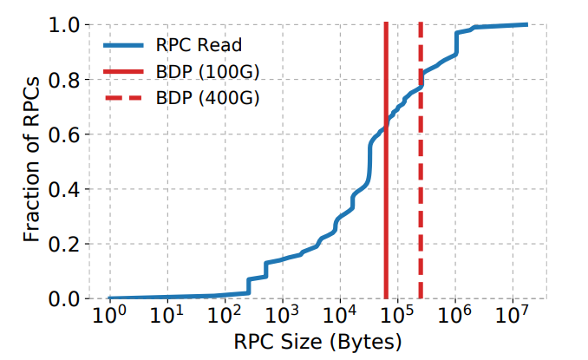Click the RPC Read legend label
(x=198, y=43)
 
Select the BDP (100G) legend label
(x=206, y=70)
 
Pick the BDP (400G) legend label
(x=206, y=97)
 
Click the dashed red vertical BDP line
(x=421, y=217)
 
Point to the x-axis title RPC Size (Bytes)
(x=317, y=340)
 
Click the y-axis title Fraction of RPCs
(x=32, y=161)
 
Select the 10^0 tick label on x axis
(x=108, y=313)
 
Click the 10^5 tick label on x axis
(x=397, y=313)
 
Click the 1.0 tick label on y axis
(x=66, y=26)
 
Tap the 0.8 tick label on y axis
(x=66, y=81)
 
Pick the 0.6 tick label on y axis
(x=66, y=135)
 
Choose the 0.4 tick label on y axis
(x=66, y=190)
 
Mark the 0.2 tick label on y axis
(x=66, y=245)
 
